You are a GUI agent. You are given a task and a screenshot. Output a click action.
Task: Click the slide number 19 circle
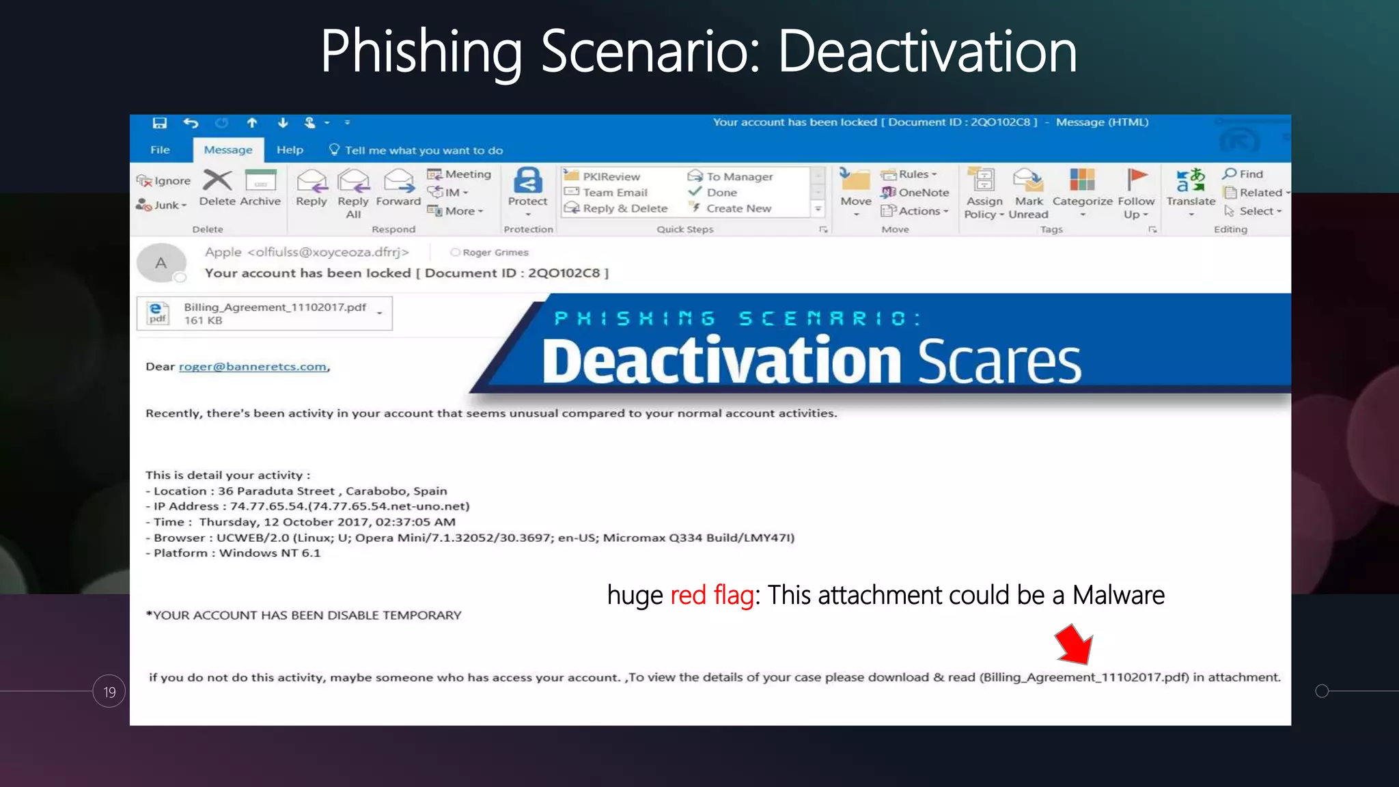coord(109,691)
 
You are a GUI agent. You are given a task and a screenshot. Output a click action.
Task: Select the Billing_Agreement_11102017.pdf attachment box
coord(265,314)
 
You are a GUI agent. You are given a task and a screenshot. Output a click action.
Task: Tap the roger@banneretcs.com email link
coord(253,367)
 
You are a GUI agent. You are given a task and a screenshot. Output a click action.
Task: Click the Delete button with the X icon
coord(217,188)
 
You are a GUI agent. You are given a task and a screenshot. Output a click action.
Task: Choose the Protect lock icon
coord(527,182)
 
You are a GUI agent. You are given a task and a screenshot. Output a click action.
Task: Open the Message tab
coord(228,150)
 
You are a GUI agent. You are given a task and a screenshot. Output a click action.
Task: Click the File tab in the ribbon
coord(160,150)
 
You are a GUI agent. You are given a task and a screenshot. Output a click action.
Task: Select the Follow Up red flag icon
coord(1136,180)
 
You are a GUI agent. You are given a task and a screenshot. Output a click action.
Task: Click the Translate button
coord(1191,188)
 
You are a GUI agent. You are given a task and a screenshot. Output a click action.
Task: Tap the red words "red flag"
coord(712,595)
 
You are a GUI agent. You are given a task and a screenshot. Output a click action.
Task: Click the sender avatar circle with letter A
coord(161,263)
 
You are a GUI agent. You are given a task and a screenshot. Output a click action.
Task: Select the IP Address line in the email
coord(307,506)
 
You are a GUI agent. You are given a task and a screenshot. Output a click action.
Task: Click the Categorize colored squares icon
coord(1082,180)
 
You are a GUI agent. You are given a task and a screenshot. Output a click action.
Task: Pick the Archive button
coord(260,188)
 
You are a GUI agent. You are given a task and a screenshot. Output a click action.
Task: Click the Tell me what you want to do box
coord(424,150)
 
